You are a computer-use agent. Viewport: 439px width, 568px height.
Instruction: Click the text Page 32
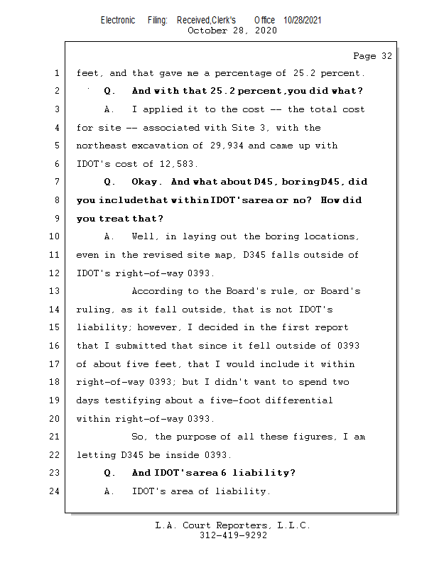(x=372, y=55)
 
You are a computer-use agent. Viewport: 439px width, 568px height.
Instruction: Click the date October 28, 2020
(x=232, y=31)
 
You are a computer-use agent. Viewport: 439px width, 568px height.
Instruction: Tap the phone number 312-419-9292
(x=232, y=535)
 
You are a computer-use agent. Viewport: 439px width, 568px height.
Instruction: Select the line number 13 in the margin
(x=55, y=291)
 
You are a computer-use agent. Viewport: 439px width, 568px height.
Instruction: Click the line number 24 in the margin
(x=55, y=491)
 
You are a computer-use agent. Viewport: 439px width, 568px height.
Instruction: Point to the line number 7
(x=55, y=182)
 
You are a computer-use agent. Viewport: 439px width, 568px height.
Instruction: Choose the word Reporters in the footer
(x=237, y=525)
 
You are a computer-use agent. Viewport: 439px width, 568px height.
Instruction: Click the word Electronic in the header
(x=118, y=21)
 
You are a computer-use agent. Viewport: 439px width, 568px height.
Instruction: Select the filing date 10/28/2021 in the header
(x=302, y=21)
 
